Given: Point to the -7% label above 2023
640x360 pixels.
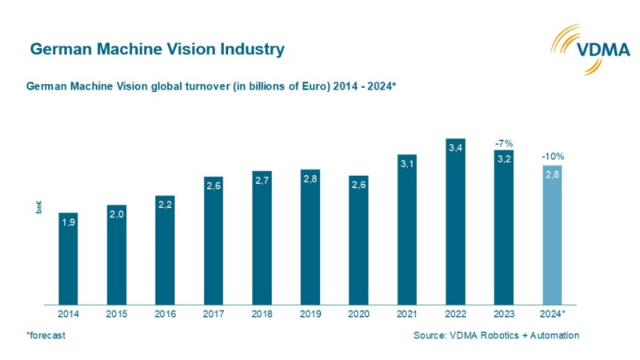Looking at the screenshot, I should [503, 142].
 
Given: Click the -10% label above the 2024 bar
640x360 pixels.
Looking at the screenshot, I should [552, 157].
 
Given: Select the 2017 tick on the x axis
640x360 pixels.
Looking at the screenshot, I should [214, 314].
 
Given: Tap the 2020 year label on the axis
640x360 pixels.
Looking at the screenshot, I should [358, 314].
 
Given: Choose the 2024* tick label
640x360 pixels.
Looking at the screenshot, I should [553, 314].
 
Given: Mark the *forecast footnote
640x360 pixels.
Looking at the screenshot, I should [46, 335].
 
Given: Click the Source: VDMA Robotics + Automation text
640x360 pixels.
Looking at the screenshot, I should [496, 335].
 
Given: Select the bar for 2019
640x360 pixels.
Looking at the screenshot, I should [310, 237].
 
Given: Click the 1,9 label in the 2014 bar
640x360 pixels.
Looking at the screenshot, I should [68, 224].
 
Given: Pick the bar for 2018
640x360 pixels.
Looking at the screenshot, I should [262, 238].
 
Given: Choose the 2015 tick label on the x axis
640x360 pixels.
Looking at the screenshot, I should [117, 314].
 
